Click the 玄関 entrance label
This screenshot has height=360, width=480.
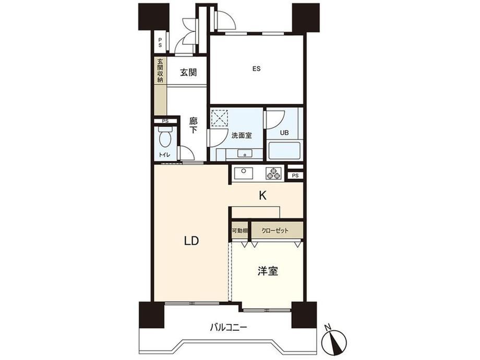click(188, 73)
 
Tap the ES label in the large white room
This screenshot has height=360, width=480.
click(256, 69)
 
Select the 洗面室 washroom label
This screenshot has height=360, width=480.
click(242, 135)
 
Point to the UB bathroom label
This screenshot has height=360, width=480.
click(284, 133)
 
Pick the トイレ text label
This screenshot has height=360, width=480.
click(165, 155)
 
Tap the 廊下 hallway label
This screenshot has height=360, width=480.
click(193, 126)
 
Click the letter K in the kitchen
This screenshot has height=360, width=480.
click(262, 195)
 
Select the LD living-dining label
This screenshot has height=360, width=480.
click(191, 241)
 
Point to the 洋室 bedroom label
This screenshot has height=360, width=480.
click(268, 271)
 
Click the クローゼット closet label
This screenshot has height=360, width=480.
click(275, 231)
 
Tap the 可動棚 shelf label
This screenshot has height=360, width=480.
click(239, 231)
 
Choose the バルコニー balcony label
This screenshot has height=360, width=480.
click(229, 328)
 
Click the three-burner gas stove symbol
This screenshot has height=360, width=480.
click(273, 174)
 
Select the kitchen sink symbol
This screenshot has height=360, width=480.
click(244, 174)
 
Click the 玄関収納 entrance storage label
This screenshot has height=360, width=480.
click(160, 70)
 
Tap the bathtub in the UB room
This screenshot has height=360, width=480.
click(284, 151)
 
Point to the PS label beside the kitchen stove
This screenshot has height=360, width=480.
click(295, 176)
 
